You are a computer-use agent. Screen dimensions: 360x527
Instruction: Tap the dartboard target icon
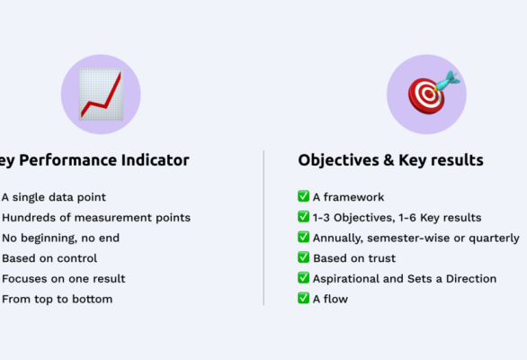click(427, 94)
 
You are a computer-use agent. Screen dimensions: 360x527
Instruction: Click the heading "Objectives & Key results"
click(390, 160)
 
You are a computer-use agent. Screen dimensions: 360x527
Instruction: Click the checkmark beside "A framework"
click(303, 196)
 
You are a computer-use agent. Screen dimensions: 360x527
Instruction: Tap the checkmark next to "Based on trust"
click(303, 258)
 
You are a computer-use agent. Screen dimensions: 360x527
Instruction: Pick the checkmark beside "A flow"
click(303, 299)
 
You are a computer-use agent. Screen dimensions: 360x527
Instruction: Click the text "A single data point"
click(54, 197)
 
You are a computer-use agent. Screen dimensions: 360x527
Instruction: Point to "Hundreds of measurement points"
click(95, 217)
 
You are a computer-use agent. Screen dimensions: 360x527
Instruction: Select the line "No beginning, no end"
click(60, 238)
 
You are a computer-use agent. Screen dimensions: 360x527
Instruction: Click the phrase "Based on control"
click(49, 258)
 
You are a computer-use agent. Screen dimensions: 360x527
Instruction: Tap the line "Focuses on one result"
click(63, 278)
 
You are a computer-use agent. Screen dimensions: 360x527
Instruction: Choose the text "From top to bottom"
click(57, 299)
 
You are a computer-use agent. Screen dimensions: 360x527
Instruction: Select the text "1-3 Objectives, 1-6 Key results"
click(397, 217)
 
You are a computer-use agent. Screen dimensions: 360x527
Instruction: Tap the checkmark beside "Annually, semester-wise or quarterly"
click(303, 238)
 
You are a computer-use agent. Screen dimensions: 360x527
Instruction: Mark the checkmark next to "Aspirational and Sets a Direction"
click(303, 278)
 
